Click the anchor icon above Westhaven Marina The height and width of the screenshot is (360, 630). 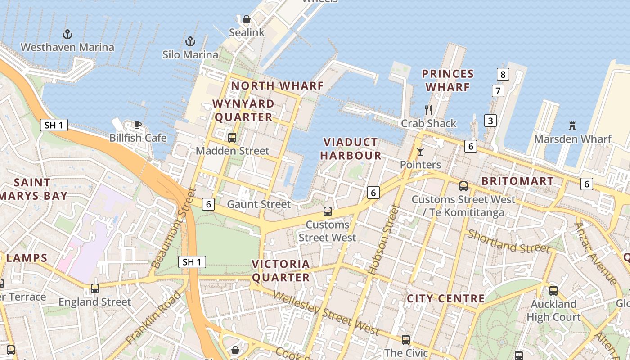pyautogui.click(x=67, y=34)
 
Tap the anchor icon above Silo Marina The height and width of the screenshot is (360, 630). pyautogui.click(x=190, y=41)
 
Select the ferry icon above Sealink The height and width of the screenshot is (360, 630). pyautogui.click(x=246, y=19)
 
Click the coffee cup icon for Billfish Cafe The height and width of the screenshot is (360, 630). pyautogui.click(x=138, y=125)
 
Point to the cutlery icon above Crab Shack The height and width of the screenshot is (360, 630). pyautogui.click(x=428, y=110)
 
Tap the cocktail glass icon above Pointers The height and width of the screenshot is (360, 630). pyautogui.click(x=420, y=152)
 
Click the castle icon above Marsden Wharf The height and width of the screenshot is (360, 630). pyautogui.click(x=572, y=126)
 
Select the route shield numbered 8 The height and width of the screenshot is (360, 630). pyautogui.click(x=503, y=74)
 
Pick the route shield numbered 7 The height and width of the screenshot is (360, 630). pyautogui.click(x=497, y=91)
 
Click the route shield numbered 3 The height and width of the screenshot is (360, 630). pyautogui.click(x=490, y=121)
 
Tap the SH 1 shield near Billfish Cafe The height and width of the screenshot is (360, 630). pyautogui.click(x=54, y=125)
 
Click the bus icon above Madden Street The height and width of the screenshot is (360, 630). pyautogui.click(x=232, y=138)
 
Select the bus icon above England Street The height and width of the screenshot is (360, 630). pyautogui.click(x=95, y=288)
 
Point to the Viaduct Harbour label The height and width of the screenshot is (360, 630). pyautogui.click(x=352, y=149)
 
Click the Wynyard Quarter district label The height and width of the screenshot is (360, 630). pyautogui.click(x=243, y=111)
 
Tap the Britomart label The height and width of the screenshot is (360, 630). pyautogui.click(x=517, y=181)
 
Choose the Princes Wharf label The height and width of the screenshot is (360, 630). pyautogui.click(x=448, y=80)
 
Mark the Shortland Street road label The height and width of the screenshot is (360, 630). pyautogui.click(x=508, y=242)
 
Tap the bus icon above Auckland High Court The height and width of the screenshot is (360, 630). pyautogui.click(x=553, y=291)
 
